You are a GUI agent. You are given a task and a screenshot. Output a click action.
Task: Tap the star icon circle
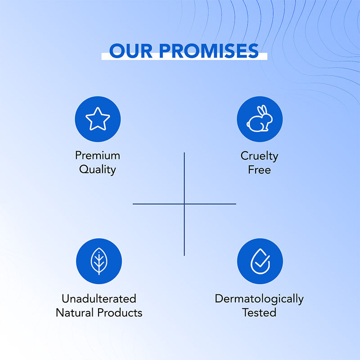coord(98,119)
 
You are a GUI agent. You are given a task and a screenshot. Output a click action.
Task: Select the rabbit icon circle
coord(260,119)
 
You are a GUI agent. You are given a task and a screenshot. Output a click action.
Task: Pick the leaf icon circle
coord(99,261)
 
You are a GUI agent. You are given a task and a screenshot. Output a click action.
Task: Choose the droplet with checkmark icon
coord(260,261)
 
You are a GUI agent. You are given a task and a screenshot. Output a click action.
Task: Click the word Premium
coord(98,156)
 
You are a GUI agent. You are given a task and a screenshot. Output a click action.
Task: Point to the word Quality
coord(98,170)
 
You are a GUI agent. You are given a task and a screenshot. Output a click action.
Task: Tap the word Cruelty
coord(259,156)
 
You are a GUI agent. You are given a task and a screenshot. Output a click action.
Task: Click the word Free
coord(259,170)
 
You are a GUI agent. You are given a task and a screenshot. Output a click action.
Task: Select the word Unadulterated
coord(99,298)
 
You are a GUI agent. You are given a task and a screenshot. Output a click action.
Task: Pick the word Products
coord(121,312)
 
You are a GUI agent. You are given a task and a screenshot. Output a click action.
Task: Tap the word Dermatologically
coord(259,299)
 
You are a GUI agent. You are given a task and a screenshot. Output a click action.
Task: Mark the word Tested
coord(259,312)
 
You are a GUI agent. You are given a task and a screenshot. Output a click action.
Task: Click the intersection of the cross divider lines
coord(184,204)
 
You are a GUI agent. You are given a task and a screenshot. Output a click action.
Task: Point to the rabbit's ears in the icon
coord(262,112)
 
